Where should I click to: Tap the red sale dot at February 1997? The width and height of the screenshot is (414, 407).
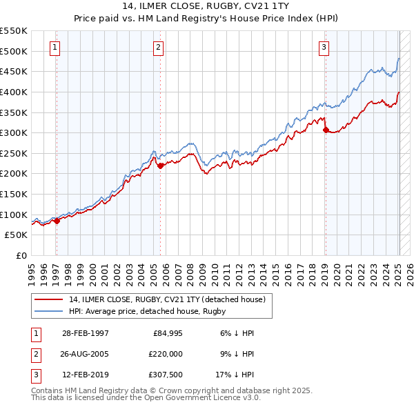[x=57, y=221]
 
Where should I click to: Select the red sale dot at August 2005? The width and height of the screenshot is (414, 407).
[x=161, y=166]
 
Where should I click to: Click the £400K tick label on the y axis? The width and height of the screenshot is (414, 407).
[x=13, y=92]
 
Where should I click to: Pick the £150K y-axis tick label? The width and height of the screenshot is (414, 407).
[x=13, y=194]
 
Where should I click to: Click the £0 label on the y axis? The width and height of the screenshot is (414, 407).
[x=20, y=255]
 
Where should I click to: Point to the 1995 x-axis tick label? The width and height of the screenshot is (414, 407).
[x=32, y=273]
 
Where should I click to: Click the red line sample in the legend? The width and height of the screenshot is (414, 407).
[x=49, y=299]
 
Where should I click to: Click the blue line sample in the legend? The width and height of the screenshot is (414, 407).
[x=49, y=311]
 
